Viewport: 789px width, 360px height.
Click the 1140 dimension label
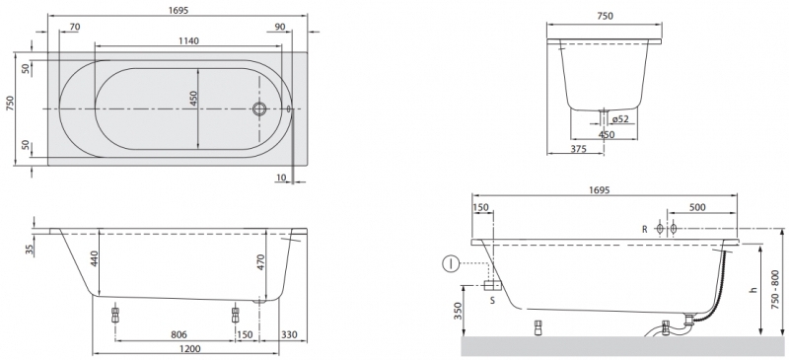[x=188, y=40]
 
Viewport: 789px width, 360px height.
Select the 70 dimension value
[x=75, y=28]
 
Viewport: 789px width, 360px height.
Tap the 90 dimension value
[x=280, y=28]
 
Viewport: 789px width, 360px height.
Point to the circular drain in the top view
[x=259, y=108]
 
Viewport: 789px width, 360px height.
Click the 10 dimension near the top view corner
[x=281, y=178]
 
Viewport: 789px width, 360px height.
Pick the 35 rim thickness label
[x=29, y=249]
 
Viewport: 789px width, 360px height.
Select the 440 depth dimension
[x=95, y=258]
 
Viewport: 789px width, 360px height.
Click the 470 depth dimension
[x=261, y=261]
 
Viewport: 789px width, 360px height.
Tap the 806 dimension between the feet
[x=179, y=334]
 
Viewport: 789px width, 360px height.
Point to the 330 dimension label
[x=289, y=334]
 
